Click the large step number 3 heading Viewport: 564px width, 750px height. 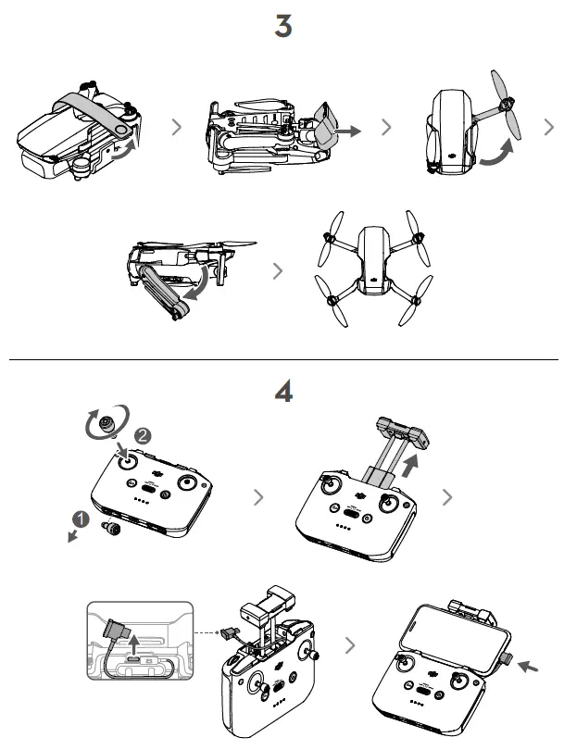point(283,27)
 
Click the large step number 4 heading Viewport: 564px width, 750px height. point(283,392)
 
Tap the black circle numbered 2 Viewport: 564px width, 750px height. point(142,435)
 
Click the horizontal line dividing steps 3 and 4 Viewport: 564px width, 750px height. point(283,359)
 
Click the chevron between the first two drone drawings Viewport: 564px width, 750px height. point(176,129)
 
